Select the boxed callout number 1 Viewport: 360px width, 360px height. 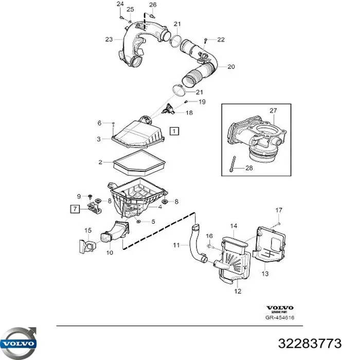(x=175, y=131)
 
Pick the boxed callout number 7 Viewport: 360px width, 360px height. (x=75, y=208)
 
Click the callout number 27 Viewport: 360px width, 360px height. (x=273, y=110)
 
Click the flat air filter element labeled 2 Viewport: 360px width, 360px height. (x=137, y=164)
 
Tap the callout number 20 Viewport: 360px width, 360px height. (x=231, y=66)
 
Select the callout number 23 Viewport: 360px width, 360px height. (x=109, y=39)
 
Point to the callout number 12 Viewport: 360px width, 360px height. (x=238, y=292)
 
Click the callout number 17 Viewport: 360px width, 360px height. (x=279, y=209)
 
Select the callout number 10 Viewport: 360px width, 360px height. (x=110, y=253)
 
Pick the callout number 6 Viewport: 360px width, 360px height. (x=99, y=123)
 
